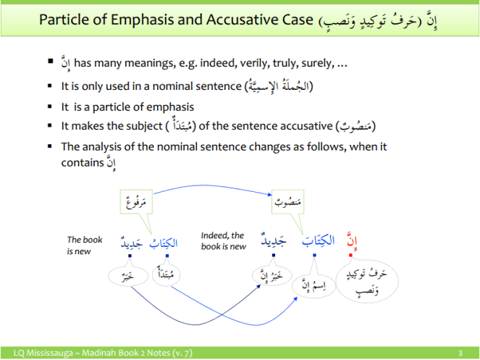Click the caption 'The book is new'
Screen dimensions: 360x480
[x=85, y=245]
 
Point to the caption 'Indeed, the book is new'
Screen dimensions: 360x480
[x=224, y=240]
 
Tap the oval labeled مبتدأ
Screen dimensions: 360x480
[x=164, y=276]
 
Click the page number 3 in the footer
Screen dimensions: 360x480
[x=460, y=353]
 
